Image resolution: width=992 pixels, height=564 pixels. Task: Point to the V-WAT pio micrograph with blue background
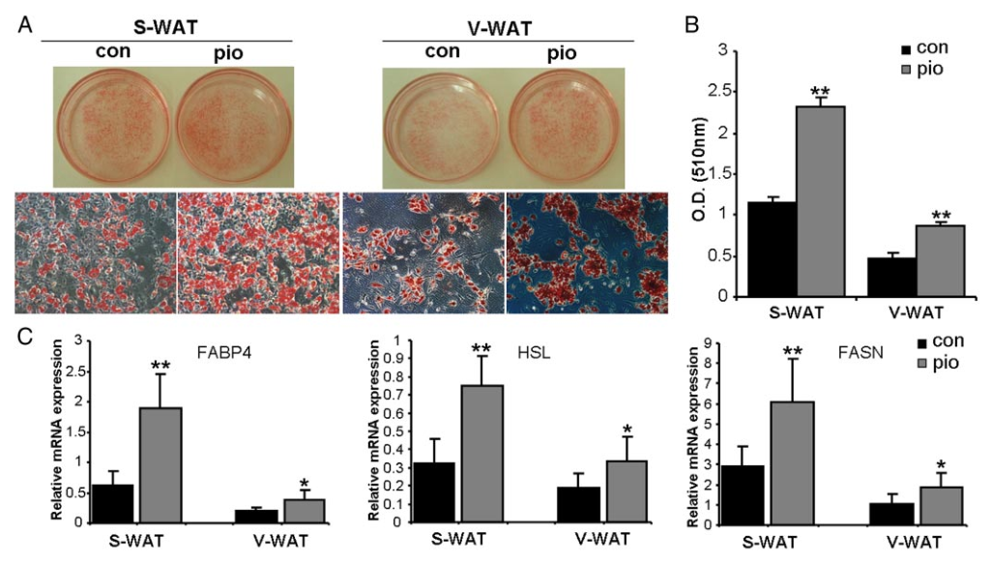point(587,252)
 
